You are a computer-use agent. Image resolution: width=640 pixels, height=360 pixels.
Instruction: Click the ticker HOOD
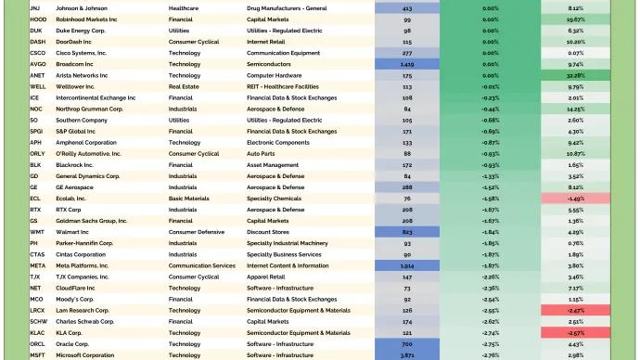tap(38, 19)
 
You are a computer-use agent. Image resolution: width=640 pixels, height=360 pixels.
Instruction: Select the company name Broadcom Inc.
tap(76, 64)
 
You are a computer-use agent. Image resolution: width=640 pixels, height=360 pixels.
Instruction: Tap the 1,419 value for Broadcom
tap(407, 64)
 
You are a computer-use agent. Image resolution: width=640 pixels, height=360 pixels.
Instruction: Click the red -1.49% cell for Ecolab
tap(575, 199)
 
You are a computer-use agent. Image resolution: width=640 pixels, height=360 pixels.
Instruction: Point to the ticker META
tap(37, 265)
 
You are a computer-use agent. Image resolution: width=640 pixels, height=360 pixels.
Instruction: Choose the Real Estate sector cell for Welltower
tap(185, 86)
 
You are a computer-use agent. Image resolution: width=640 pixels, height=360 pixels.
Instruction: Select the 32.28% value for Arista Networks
tap(575, 75)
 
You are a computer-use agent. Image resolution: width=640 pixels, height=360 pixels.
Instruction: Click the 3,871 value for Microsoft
tap(407, 355)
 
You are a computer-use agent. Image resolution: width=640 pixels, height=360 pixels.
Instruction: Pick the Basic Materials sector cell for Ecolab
tap(188, 199)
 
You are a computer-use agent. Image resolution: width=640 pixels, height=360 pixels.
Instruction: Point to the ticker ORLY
tap(37, 153)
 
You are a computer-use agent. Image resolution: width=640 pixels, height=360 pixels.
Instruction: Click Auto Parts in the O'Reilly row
tap(262, 153)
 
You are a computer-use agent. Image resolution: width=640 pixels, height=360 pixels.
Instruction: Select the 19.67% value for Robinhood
tap(575, 19)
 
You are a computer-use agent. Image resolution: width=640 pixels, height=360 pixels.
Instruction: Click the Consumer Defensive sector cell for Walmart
tap(196, 232)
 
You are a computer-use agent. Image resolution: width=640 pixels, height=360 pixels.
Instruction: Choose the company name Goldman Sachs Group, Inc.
tap(92, 221)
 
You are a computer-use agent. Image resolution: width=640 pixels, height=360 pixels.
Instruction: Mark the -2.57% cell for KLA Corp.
tap(575, 332)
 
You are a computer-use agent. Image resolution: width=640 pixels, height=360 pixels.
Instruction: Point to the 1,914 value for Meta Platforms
tap(407, 265)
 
